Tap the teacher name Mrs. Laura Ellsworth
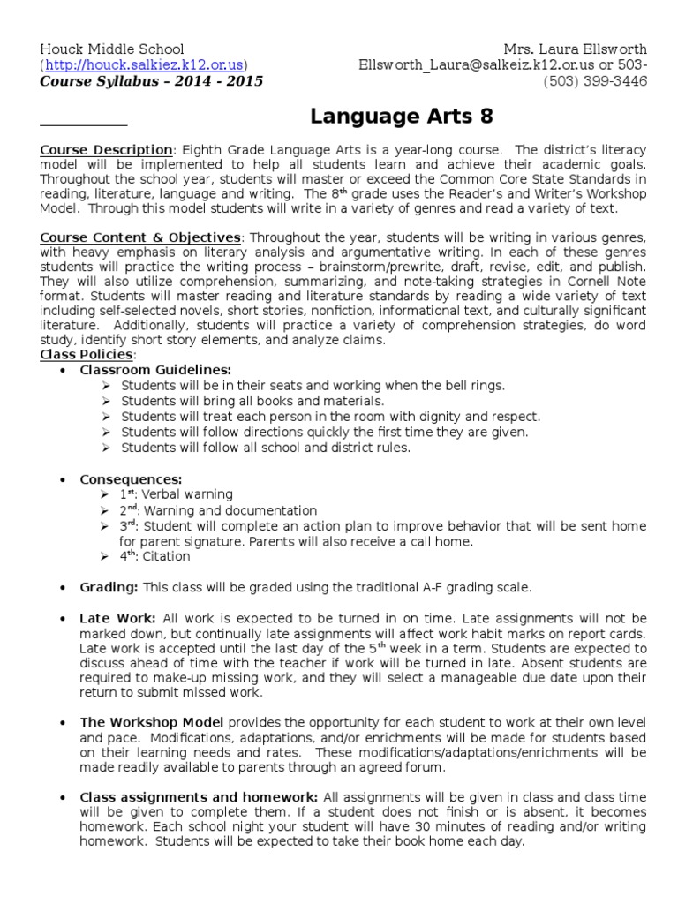point(575,48)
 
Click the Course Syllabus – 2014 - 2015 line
point(151,81)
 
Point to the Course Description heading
point(106,149)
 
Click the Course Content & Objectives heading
point(140,237)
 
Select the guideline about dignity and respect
point(331,416)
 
